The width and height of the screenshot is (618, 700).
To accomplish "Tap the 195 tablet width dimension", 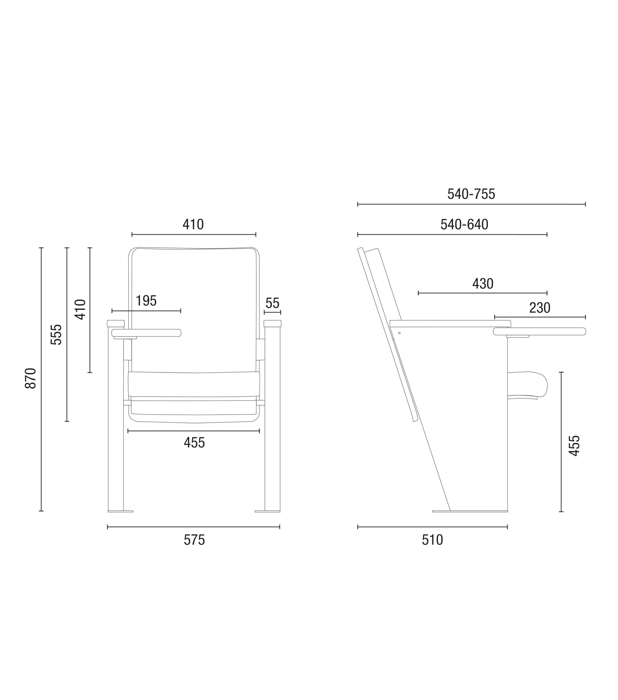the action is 146,301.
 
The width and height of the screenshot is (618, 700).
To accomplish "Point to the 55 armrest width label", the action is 272,303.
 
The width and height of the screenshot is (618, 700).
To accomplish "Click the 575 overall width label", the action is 194,540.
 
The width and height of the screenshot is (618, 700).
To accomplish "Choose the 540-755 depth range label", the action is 471,194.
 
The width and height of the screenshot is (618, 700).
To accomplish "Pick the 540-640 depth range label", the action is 464,224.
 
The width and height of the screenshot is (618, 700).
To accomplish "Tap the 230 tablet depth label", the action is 539,308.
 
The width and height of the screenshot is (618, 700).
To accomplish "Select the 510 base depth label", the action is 432,540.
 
